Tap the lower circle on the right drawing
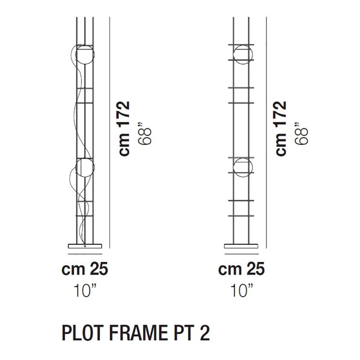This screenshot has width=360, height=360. (x=242, y=168)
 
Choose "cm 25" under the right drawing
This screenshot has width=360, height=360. (x=242, y=270)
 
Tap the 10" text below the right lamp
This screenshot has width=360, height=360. (x=242, y=289)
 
